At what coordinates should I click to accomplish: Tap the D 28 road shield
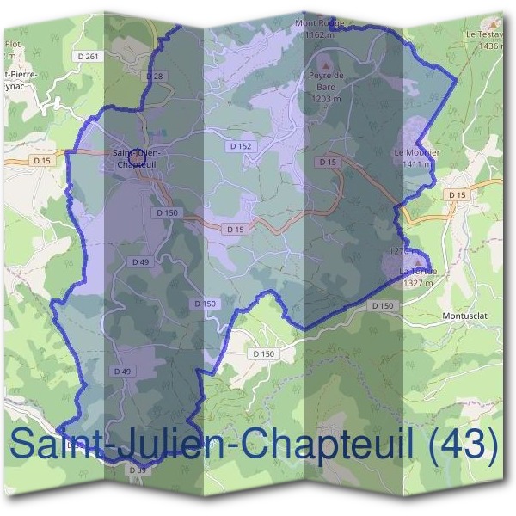pyautogui.click(x=155, y=77)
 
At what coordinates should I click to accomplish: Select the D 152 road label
pyautogui.click(x=242, y=146)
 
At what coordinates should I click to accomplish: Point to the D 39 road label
pyautogui.click(x=137, y=470)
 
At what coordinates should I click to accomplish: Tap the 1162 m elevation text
pyautogui.click(x=317, y=34)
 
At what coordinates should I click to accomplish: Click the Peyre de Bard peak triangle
pyautogui.click(x=325, y=64)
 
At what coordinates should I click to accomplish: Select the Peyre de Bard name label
pyautogui.click(x=326, y=80)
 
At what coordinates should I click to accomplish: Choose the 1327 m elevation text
pyautogui.click(x=419, y=281)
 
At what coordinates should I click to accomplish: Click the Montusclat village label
pyautogui.click(x=464, y=315)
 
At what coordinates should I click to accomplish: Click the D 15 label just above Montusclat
pyautogui.click(x=456, y=195)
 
